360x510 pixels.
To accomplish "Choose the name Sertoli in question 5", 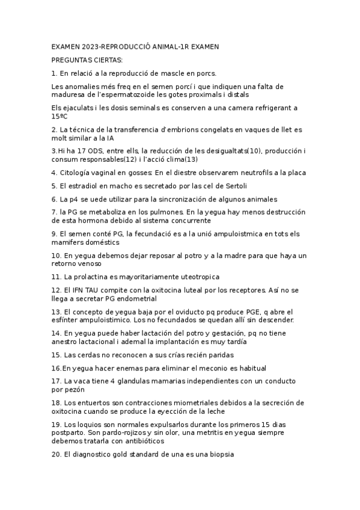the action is click(234, 186).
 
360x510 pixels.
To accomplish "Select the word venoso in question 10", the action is click(88, 264).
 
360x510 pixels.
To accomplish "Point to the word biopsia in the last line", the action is click(218, 455).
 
